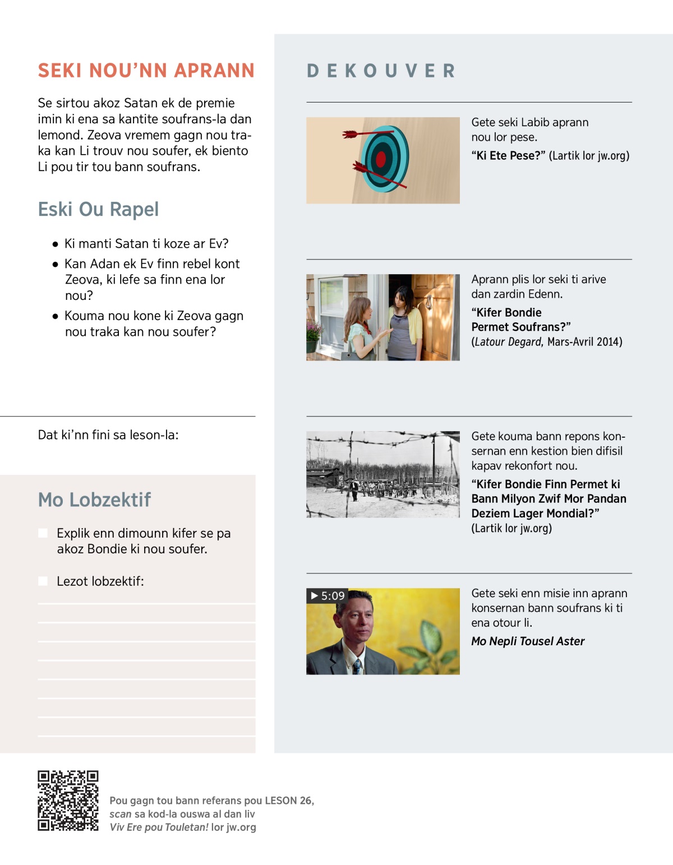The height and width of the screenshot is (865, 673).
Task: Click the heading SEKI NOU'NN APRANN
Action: pyautogui.click(x=146, y=71)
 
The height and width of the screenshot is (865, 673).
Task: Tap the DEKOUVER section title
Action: pyautogui.click(x=381, y=71)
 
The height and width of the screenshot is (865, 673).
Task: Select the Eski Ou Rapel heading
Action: pyautogui.click(x=98, y=209)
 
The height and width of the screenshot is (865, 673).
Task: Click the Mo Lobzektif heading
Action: pyautogui.click(x=94, y=499)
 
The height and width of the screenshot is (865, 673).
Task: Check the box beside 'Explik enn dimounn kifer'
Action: pyautogui.click(x=43, y=533)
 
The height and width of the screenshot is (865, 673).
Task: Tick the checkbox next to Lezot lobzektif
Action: pyautogui.click(x=43, y=581)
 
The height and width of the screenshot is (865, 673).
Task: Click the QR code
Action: pyautogui.click(x=68, y=801)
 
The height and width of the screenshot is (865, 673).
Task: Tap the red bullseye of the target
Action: pyautogui.click(x=381, y=160)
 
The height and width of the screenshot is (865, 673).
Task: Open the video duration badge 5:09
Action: pyautogui.click(x=328, y=596)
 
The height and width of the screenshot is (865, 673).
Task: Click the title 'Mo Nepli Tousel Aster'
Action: pyautogui.click(x=527, y=641)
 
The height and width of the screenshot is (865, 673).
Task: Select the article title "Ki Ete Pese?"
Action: pyautogui.click(x=508, y=156)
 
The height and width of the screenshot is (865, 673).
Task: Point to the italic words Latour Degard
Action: pyautogui.click(x=508, y=342)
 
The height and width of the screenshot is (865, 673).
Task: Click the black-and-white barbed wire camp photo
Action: pyautogui.click(x=382, y=474)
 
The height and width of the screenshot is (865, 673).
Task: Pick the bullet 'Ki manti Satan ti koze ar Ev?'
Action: pyautogui.click(x=146, y=244)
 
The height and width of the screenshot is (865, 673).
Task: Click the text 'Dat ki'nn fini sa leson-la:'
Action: pyautogui.click(x=108, y=435)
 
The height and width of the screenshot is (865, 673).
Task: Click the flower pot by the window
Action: pyautogui.click(x=312, y=344)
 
